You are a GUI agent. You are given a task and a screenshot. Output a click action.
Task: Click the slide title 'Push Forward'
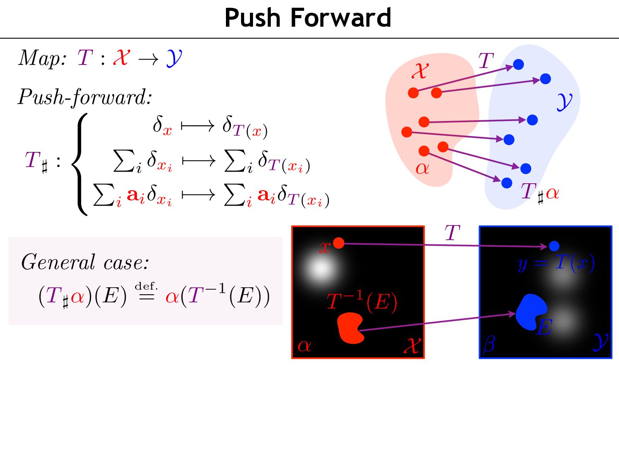tap(308, 18)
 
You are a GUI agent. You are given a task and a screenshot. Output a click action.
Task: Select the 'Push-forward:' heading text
tap(85, 97)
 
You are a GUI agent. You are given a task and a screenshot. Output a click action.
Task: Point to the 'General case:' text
tap(85, 262)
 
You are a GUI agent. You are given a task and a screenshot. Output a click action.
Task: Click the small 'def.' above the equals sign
tap(146, 286)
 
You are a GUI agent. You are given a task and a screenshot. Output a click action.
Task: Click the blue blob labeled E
tap(531, 312)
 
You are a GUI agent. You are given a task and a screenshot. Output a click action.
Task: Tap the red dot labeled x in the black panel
tap(339, 243)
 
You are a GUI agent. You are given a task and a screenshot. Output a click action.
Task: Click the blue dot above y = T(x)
tap(554, 246)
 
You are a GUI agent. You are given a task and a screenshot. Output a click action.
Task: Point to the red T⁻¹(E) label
tap(362, 302)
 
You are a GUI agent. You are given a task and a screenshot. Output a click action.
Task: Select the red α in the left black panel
tap(304, 345)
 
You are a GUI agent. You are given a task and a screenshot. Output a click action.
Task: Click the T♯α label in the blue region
tap(540, 192)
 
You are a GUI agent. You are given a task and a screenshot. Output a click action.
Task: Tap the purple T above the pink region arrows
tap(486, 61)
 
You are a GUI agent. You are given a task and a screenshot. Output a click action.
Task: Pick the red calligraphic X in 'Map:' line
tap(121, 58)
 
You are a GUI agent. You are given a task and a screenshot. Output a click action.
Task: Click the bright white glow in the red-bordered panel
tap(321, 268)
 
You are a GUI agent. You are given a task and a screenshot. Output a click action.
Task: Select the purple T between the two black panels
tap(452, 233)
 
